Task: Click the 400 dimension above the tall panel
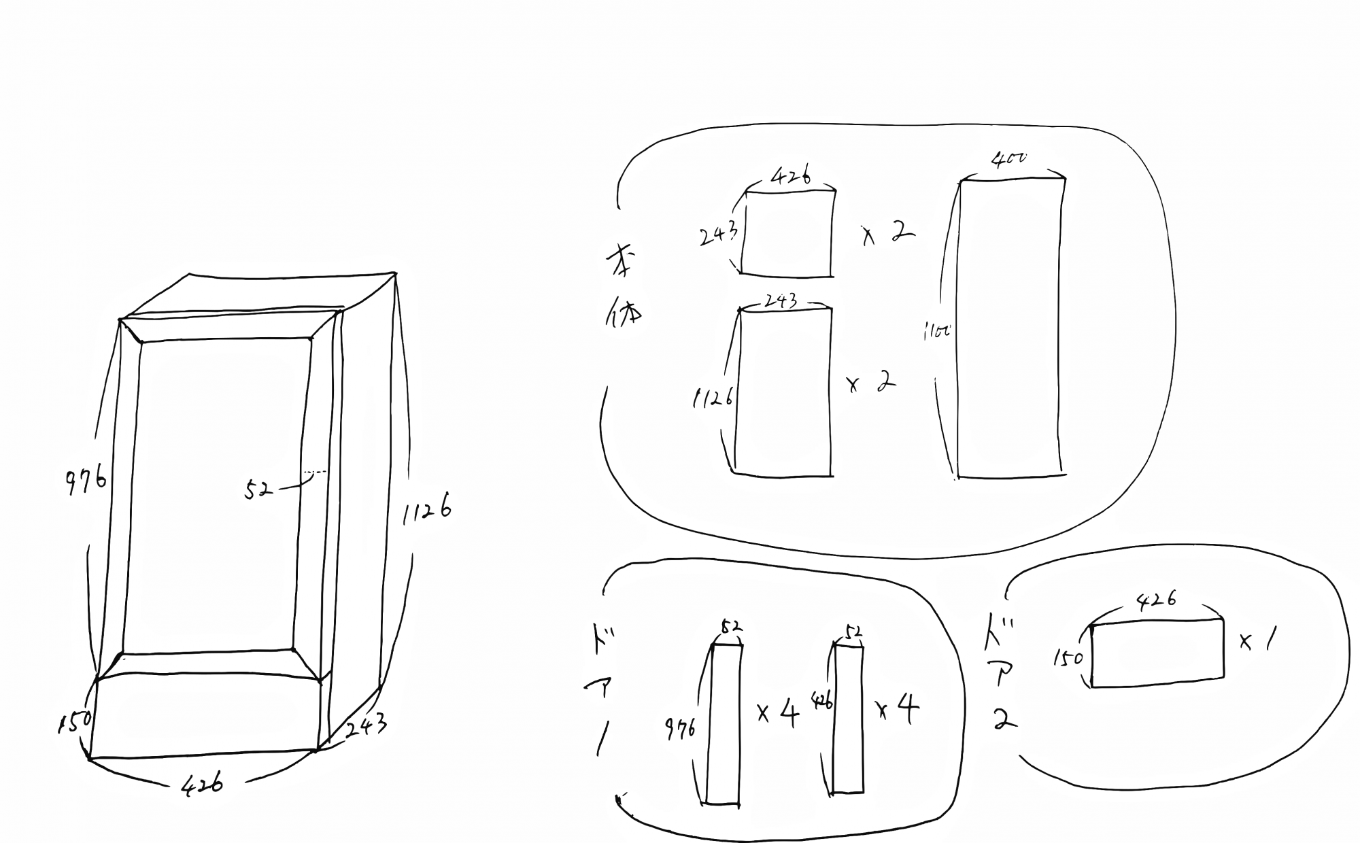pos(1009,160)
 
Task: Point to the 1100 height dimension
pos(937,332)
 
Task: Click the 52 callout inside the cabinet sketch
pos(258,489)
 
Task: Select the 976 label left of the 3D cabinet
pos(86,480)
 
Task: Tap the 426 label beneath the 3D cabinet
pos(202,785)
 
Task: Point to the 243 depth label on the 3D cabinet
pos(367,727)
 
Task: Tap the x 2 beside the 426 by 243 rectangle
pos(888,235)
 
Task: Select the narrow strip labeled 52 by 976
pos(724,724)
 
